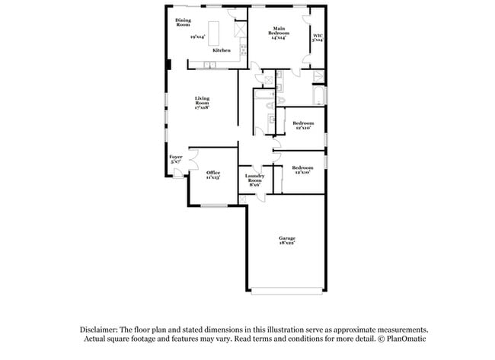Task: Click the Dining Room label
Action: coord(183,22)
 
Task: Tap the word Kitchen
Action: coord(221,50)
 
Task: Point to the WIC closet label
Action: coord(318,35)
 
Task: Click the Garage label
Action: coord(286,239)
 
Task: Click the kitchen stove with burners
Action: coord(243,51)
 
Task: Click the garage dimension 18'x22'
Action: coord(286,244)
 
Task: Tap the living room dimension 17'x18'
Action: coord(202,108)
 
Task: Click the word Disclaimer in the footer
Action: coord(102,330)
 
